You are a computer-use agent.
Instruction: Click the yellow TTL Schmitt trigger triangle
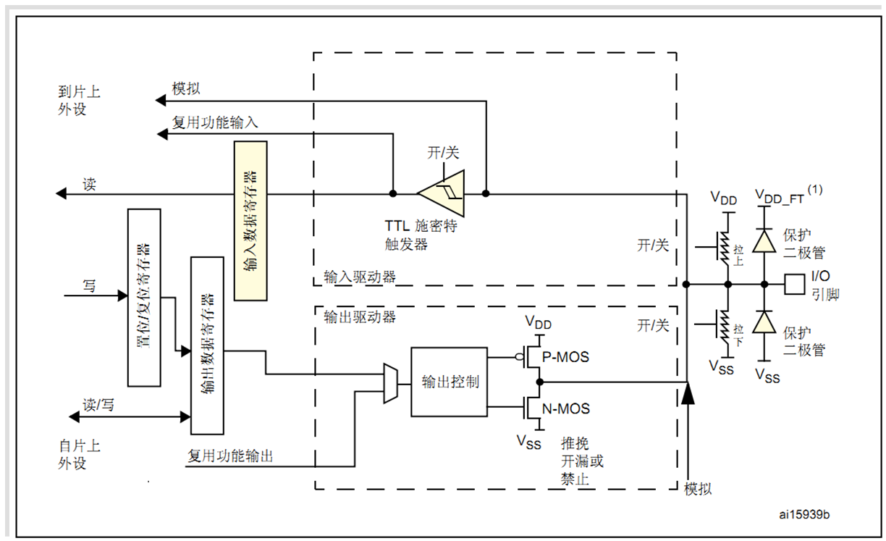(441, 193)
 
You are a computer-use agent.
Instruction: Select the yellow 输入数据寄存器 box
(250, 221)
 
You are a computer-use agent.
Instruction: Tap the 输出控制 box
(450, 382)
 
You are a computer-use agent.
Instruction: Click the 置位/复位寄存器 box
(143, 298)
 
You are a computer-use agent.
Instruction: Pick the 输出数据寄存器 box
(206, 345)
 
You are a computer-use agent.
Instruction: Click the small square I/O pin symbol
(795, 284)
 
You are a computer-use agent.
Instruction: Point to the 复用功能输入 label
(214, 122)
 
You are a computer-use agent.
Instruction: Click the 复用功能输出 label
(230, 456)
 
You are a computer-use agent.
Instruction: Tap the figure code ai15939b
(804, 514)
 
